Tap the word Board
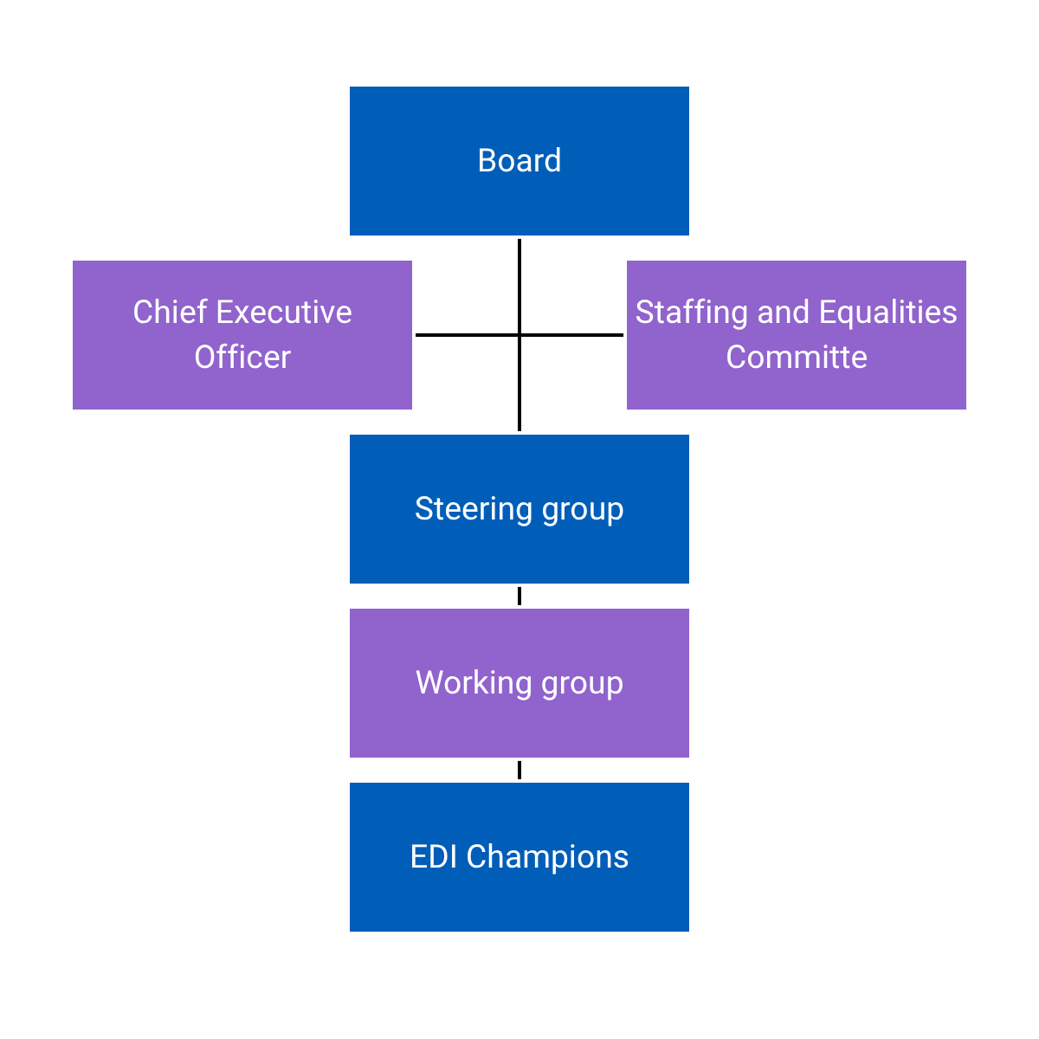click(519, 161)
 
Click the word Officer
click(242, 358)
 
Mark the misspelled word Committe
click(797, 358)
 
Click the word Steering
click(473, 509)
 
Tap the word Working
click(474, 683)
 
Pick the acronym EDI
click(434, 857)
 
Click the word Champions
click(547, 857)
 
